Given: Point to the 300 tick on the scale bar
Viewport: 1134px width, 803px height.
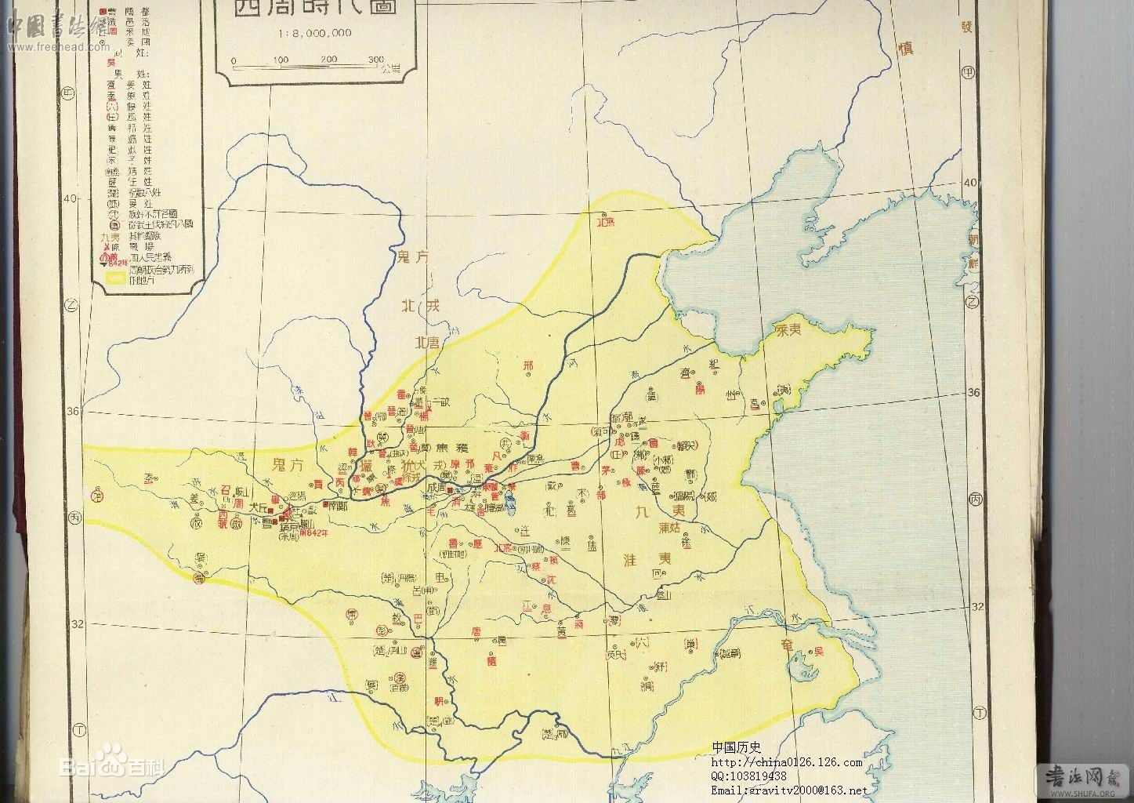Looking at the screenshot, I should [375, 60].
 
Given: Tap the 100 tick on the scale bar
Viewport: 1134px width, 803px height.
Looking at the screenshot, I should [280, 60].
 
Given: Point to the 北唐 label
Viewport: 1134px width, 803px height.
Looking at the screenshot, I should [429, 341].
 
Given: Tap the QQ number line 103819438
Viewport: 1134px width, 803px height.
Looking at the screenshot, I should [748, 776].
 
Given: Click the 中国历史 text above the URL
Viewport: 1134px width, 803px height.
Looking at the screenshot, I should [736, 748].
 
